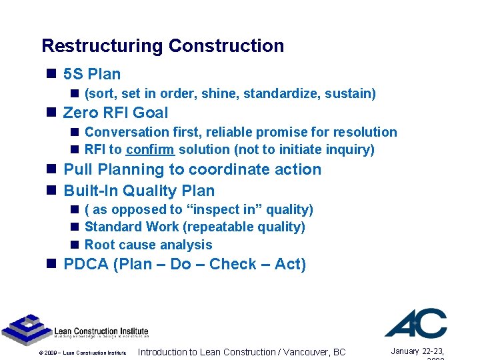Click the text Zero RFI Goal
115,113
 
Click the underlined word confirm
150,149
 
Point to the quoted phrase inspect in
223,209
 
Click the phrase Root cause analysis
149,245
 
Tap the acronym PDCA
86,264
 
